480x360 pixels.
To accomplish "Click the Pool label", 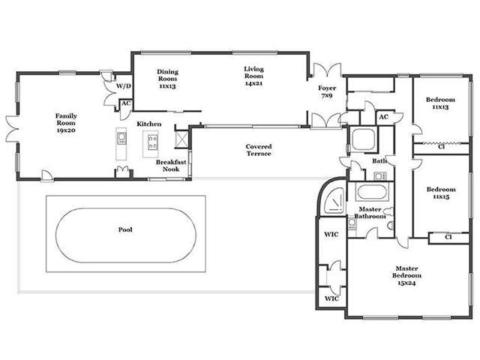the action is (x=125, y=229).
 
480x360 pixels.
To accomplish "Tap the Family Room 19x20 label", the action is (x=66, y=123).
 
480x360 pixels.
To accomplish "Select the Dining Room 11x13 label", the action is (x=167, y=79).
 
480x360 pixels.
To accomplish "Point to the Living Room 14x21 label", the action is (x=253, y=76).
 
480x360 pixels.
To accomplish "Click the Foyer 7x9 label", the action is (x=327, y=91).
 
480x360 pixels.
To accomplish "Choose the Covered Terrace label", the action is (x=259, y=150).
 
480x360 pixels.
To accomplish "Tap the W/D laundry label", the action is (x=123, y=86).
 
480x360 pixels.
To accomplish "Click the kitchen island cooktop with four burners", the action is (x=153, y=142).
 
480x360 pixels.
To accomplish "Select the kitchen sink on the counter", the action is (x=121, y=137).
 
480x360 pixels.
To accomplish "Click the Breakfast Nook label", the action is (x=171, y=166).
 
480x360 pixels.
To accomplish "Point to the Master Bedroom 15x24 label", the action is (x=406, y=275).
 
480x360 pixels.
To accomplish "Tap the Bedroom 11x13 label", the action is (x=440, y=103).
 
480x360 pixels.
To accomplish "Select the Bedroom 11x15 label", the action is (x=441, y=193).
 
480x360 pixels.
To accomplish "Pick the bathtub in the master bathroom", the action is (x=372, y=192).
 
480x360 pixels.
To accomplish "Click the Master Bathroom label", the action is (x=370, y=213).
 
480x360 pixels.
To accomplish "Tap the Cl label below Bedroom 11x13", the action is (x=441, y=147).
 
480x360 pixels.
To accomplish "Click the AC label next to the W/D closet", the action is (x=126, y=103).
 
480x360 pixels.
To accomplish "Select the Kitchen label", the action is (x=148, y=124).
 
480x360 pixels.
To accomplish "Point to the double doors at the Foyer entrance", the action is (x=327, y=70).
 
